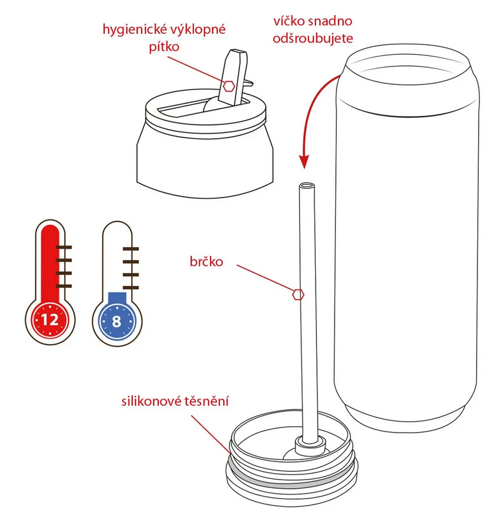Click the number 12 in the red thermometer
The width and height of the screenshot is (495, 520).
(x=50, y=319)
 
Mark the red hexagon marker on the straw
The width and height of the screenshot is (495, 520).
(x=298, y=294)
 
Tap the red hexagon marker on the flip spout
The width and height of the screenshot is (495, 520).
(x=229, y=85)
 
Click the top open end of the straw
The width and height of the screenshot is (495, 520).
(x=304, y=186)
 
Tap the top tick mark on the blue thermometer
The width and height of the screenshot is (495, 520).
(x=130, y=250)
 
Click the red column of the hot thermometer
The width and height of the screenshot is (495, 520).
(x=50, y=261)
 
